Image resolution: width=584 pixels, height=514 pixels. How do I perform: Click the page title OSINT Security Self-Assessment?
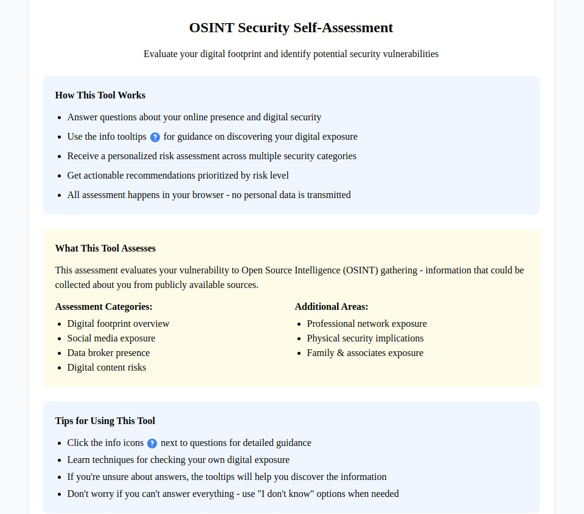click(x=291, y=28)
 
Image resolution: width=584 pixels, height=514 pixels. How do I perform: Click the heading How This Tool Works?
click(x=100, y=95)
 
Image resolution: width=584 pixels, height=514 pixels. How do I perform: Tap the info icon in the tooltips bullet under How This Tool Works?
click(x=155, y=137)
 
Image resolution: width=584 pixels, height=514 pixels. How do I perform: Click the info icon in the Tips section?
click(x=152, y=444)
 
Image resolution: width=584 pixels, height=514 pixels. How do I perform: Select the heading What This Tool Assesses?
click(x=105, y=248)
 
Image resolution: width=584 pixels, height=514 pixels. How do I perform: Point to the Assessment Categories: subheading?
click(x=103, y=307)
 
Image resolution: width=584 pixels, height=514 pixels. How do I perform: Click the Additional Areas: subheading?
click(x=331, y=307)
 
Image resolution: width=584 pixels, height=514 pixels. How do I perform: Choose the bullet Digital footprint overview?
click(x=118, y=324)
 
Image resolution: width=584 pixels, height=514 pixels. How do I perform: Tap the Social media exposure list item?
click(x=111, y=338)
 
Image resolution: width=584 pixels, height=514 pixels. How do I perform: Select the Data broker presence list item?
click(x=108, y=353)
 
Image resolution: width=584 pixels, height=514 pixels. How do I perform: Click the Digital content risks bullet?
click(x=106, y=368)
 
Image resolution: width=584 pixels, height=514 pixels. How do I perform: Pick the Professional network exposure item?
click(x=366, y=324)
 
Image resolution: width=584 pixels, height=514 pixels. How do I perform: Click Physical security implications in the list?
click(x=365, y=338)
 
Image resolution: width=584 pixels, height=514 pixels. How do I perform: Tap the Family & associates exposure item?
click(x=364, y=353)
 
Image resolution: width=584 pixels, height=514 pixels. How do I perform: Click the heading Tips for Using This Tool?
click(x=105, y=421)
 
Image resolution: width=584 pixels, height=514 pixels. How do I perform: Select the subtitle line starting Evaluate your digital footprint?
click(x=291, y=54)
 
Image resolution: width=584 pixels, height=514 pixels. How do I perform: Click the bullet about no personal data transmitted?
click(x=209, y=195)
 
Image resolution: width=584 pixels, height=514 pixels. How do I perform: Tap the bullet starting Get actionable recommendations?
click(x=178, y=176)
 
